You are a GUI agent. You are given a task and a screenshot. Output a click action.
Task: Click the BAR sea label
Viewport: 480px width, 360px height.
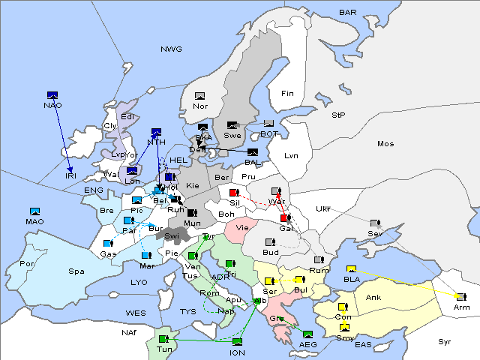(x=347, y=12)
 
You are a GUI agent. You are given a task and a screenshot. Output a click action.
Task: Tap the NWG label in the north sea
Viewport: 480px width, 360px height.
(x=171, y=49)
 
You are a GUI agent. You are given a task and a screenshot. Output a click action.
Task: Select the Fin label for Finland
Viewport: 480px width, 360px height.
(x=286, y=94)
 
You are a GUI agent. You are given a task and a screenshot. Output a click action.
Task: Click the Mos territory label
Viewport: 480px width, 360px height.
(x=385, y=143)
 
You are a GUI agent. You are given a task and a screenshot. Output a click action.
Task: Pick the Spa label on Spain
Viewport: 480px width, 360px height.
(x=76, y=271)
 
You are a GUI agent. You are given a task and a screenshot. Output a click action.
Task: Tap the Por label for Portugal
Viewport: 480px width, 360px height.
(x=27, y=264)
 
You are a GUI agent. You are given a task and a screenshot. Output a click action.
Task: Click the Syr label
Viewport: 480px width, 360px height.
(x=445, y=341)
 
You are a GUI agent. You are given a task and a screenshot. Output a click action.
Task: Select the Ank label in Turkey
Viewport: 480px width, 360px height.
(x=373, y=298)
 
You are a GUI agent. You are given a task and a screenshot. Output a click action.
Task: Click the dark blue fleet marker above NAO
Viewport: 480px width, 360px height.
(x=52, y=94)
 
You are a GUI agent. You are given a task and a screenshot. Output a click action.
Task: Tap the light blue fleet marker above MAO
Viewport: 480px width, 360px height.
(x=34, y=211)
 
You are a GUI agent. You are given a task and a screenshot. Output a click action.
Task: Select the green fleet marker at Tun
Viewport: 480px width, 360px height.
(x=163, y=339)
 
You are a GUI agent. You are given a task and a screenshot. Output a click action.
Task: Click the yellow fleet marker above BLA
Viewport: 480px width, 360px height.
(x=350, y=269)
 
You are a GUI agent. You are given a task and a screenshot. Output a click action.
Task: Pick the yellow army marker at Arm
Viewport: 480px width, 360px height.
(x=460, y=297)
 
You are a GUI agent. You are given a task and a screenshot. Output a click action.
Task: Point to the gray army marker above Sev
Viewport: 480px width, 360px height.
(x=375, y=223)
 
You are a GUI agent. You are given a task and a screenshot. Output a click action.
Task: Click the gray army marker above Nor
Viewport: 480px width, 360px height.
(x=199, y=96)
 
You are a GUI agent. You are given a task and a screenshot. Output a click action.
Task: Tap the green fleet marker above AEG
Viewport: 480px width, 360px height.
(x=307, y=334)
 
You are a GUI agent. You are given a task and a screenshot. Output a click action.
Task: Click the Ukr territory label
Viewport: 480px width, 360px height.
(x=322, y=208)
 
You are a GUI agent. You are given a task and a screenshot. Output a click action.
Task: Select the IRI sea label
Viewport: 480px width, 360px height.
(x=71, y=175)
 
